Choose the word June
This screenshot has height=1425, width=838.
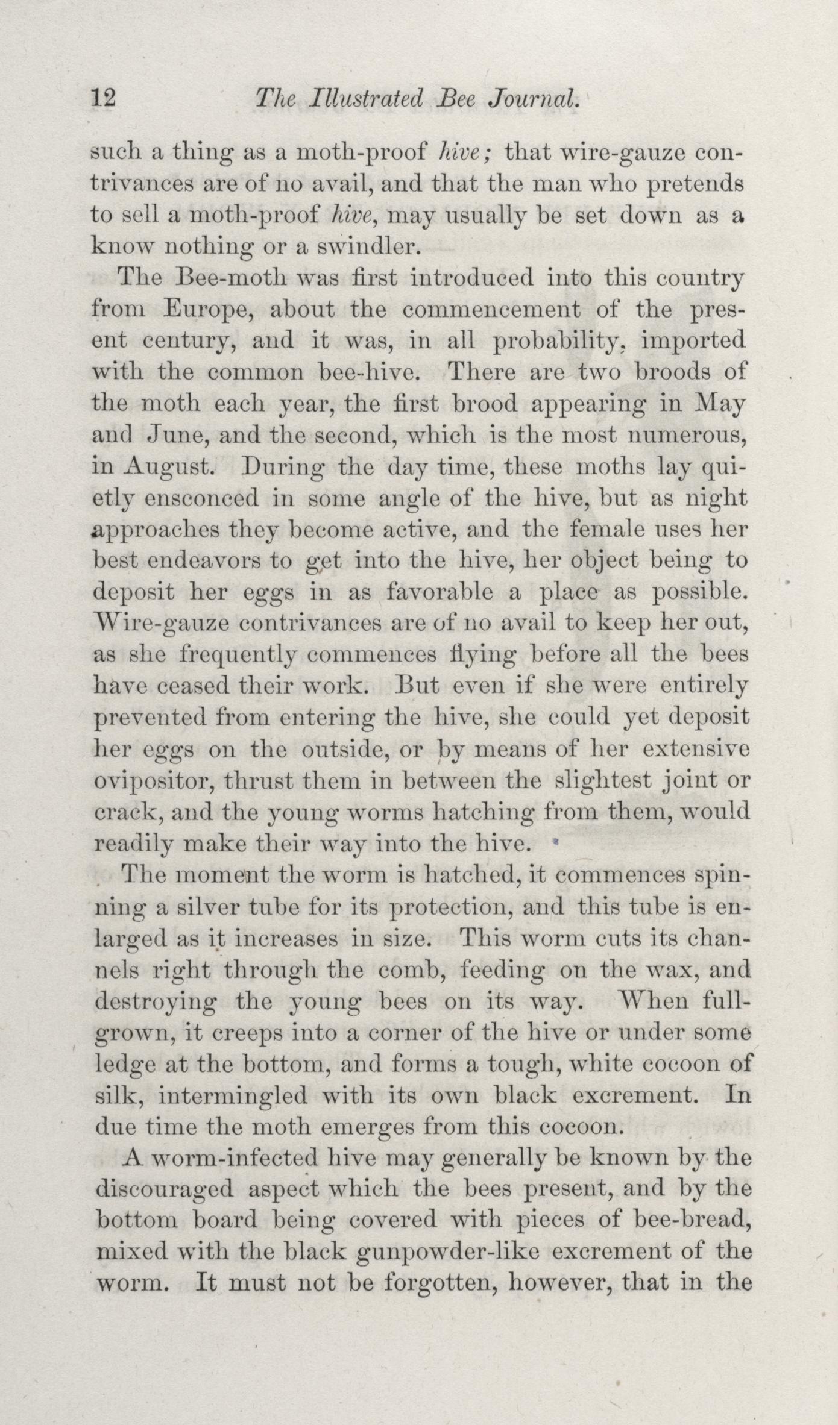click(x=179, y=434)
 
